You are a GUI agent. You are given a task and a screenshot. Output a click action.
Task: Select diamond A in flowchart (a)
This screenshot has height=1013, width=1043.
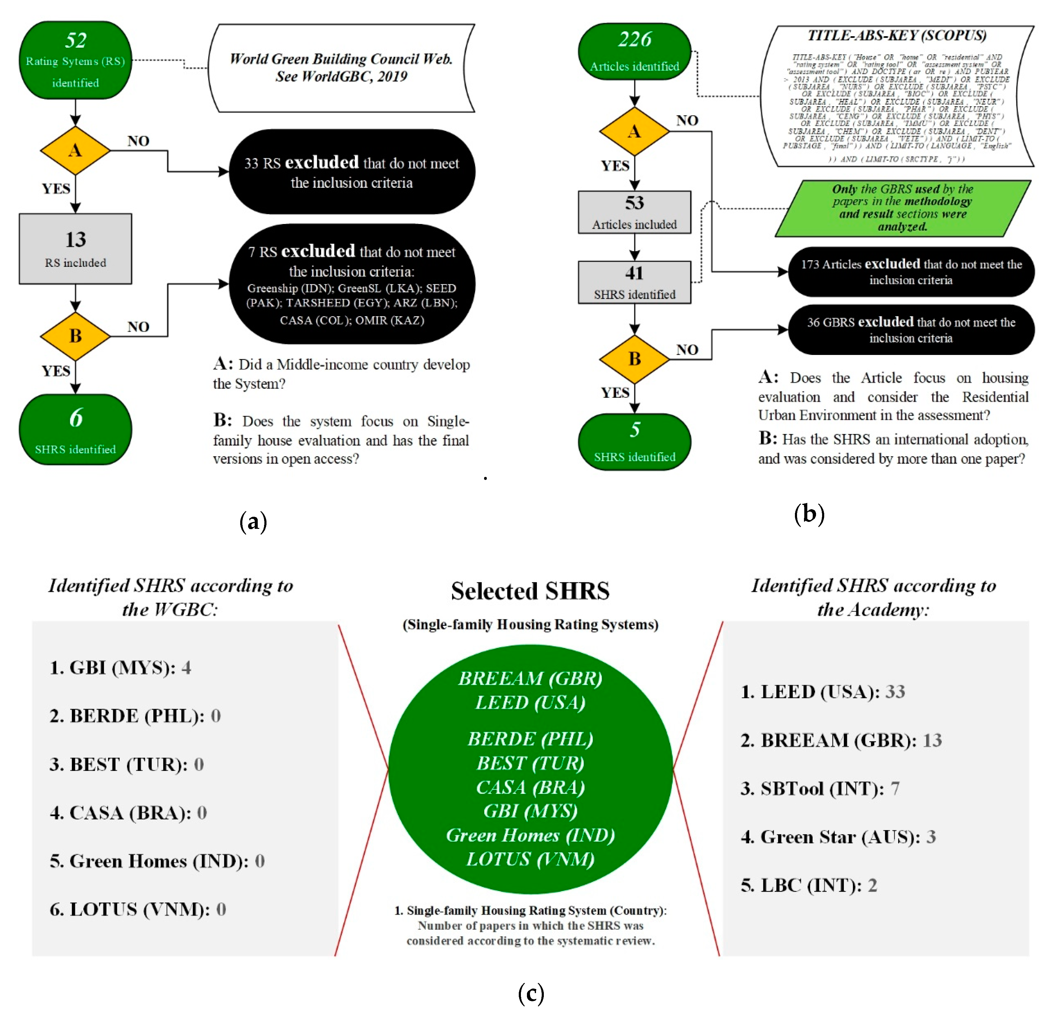coord(75,151)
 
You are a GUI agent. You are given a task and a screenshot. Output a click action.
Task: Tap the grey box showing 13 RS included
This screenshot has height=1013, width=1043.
coord(75,249)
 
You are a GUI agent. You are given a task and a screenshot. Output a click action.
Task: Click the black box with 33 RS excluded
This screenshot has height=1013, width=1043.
coord(352,172)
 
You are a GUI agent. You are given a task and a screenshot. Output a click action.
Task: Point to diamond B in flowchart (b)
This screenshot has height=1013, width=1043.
coord(634,359)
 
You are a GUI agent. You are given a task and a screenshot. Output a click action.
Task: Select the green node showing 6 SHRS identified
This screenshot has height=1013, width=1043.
coord(75,429)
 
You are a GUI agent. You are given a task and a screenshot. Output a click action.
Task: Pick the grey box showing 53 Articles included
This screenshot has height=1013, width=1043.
coord(634,212)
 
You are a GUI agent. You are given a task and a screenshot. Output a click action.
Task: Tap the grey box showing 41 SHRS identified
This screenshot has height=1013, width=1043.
coord(634,282)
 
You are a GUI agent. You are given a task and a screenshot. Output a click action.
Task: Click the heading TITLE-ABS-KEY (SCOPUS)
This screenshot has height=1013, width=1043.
coord(897,36)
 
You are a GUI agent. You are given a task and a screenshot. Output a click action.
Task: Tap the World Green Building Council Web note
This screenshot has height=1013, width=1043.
coord(341,68)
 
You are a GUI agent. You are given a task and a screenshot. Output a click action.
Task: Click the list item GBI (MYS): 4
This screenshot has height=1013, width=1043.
coord(120,667)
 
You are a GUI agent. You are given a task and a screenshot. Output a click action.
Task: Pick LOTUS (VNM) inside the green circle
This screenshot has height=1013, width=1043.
coord(530,859)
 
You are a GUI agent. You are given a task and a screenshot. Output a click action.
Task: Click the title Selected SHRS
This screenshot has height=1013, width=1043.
coord(530,591)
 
